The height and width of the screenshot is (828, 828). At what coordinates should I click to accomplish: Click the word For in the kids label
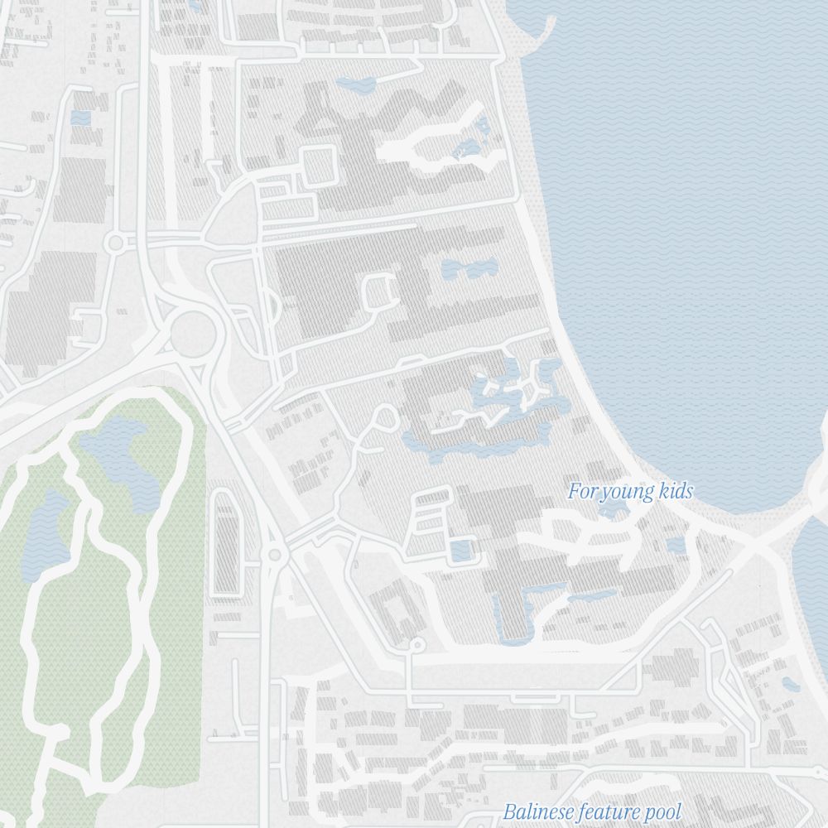click(581, 492)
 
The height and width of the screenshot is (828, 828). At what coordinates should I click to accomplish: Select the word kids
click(673, 492)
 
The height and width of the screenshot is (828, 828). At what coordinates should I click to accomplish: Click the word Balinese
click(538, 811)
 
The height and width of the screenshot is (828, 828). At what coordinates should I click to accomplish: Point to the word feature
click(611, 811)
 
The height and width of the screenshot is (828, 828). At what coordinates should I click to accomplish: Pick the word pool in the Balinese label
click(664, 812)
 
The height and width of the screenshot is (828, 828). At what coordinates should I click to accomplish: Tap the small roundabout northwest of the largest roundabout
click(114, 242)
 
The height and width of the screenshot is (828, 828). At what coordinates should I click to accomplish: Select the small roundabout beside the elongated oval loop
click(272, 554)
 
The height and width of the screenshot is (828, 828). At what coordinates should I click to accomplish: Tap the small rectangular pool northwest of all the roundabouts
click(80, 118)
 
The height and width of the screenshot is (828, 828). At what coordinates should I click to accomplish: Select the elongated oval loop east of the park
click(225, 542)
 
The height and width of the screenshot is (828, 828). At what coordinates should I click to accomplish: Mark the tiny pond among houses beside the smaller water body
click(791, 684)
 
